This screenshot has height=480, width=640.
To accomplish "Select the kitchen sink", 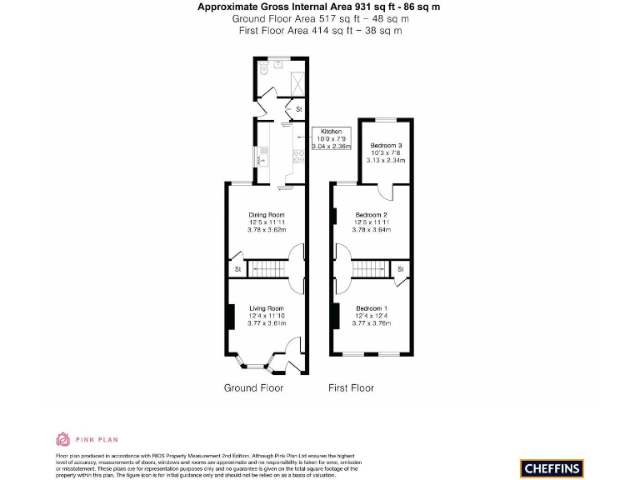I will click(263, 155).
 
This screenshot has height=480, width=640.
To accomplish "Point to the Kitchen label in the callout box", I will click(332, 132).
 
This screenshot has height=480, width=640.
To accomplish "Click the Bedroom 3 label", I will click(386, 145).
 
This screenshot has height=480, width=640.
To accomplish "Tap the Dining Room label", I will click(267, 215).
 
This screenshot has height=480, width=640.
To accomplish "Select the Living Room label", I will click(267, 308).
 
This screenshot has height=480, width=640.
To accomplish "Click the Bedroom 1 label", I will click(371, 308).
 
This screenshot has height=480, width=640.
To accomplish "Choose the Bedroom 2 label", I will click(371, 215).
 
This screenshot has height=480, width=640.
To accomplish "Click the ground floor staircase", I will click(268, 268).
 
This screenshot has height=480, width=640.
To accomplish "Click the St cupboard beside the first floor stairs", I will click(401, 269).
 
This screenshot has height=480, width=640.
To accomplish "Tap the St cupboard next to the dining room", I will click(237, 269).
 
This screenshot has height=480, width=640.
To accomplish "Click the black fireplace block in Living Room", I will click(231, 317).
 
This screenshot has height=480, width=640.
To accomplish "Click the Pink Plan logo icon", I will click(63, 439).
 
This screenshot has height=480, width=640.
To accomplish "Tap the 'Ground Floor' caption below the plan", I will click(253, 387).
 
